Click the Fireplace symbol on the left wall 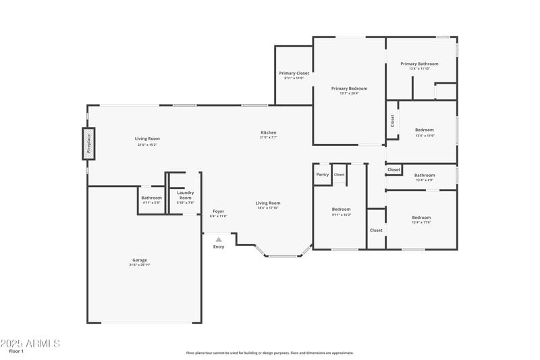(x=88, y=144)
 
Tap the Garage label (x=140, y=260)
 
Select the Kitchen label (x=269, y=132)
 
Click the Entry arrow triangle (x=219, y=239)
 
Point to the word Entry (x=219, y=247)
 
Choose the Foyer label (x=219, y=211)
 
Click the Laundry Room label (x=185, y=195)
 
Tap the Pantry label (x=323, y=174)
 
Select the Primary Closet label (x=294, y=73)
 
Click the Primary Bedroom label (x=349, y=88)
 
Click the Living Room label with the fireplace (x=147, y=138)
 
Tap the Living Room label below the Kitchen (x=268, y=203)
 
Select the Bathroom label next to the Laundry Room (x=152, y=198)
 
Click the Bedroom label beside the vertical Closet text (x=425, y=130)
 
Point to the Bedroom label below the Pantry (x=341, y=209)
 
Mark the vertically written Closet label (x=392, y=120)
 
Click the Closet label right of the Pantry (x=339, y=174)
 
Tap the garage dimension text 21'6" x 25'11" (x=140, y=265)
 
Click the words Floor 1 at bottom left (x=16, y=351)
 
